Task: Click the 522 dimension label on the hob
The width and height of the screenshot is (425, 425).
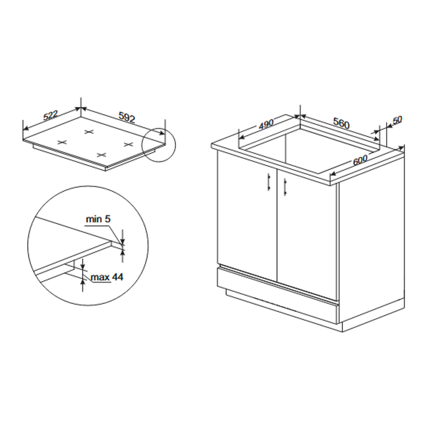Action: [x=51, y=116]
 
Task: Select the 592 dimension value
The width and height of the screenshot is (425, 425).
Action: [x=127, y=117]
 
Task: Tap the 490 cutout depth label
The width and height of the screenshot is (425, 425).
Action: [x=266, y=124]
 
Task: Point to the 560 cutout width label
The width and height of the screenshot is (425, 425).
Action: [x=341, y=123]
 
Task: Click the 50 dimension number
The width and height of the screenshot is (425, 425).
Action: [x=397, y=120]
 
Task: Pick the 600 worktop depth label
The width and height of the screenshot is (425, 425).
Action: [x=360, y=160]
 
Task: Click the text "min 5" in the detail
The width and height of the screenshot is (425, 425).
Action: [x=98, y=219]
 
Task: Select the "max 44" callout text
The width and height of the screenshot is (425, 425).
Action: [x=107, y=277]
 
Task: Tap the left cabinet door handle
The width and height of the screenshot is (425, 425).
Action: [x=269, y=182]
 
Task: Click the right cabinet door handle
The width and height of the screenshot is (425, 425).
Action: [x=285, y=187]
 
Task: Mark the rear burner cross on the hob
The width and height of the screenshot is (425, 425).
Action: [x=89, y=132]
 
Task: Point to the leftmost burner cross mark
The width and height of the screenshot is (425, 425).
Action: [x=62, y=142]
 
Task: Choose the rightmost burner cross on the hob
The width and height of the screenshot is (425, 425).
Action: [x=129, y=145]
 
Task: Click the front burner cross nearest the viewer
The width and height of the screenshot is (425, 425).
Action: [x=101, y=155]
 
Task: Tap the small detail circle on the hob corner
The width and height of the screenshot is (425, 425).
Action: [x=158, y=145]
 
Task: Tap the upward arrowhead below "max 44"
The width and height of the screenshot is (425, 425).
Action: [x=83, y=282]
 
